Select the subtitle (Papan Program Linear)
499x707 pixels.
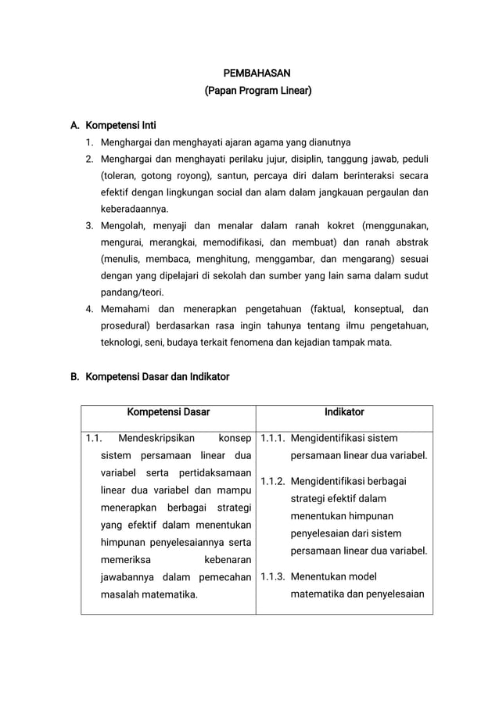point(257,92)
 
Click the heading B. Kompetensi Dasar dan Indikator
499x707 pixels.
point(149,376)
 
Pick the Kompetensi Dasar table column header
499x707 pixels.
point(168,412)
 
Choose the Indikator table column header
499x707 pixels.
point(344,412)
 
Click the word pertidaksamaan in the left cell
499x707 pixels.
point(214,473)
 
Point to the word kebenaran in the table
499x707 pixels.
point(228,560)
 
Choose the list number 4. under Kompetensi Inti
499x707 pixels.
point(90,309)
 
